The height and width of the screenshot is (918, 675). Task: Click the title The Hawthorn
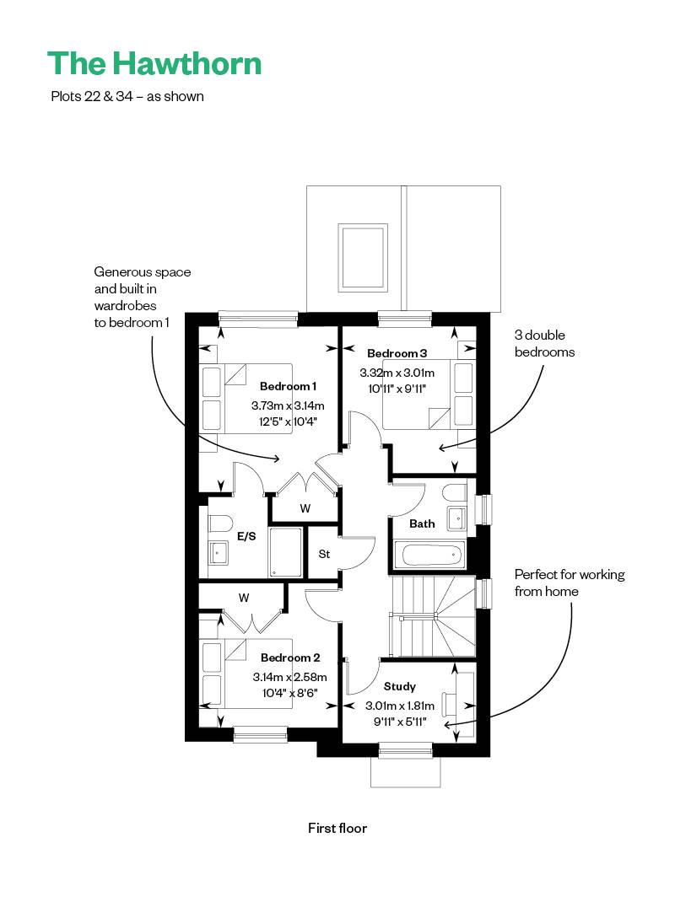click(154, 64)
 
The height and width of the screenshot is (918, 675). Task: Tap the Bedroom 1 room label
click(289, 386)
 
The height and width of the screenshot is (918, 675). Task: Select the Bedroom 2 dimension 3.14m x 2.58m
click(289, 677)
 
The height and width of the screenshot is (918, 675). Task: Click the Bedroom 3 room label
click(397, 353)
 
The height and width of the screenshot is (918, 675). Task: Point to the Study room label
click(400, 686)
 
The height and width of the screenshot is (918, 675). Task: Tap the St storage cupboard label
click(324, 554)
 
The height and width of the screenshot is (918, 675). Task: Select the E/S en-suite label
click(246, 536)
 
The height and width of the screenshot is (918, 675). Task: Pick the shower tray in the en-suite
click(286, 552)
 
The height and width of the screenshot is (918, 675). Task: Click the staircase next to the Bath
click(432, 616)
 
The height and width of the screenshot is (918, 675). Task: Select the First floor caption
click(337, 828)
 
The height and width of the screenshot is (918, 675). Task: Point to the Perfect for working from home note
click(570, 582)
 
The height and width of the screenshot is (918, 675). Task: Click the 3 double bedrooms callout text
click(544, 344)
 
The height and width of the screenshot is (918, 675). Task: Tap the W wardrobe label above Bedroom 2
click(244, 598)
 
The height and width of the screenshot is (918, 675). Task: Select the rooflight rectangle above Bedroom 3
click(364, 257)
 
